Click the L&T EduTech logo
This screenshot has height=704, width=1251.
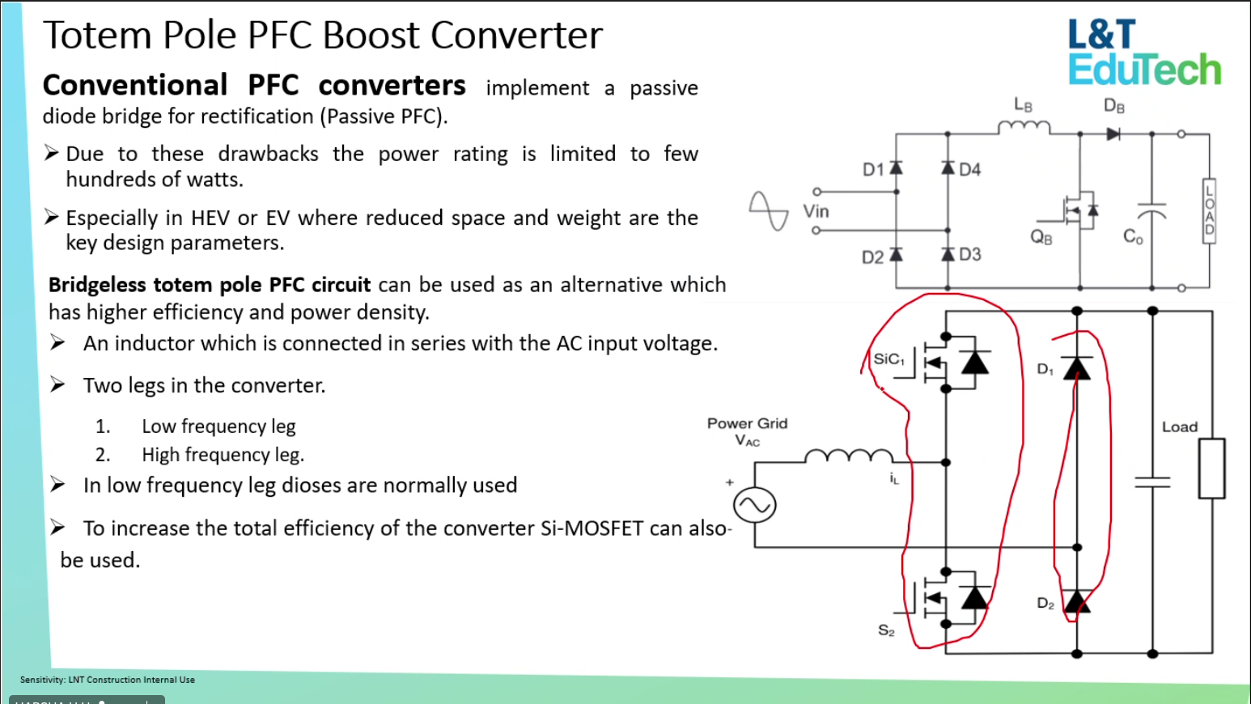click(x=1143, y=53)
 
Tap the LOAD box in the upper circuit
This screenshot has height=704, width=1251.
click(x=1209, y=210)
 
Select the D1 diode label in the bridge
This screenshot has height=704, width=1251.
click(x=873, y=169)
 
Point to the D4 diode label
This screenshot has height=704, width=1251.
click(x=970, y=169)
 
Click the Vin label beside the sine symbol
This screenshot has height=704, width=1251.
click(x=816, y=211)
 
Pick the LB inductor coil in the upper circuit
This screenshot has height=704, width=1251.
click(x=1024, y=127)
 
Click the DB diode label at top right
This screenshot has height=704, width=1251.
click(x=1114, y=106)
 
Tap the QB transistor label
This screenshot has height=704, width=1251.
click(x=1041, y=237)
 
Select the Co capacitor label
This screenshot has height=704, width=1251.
click(x=1133, y=236)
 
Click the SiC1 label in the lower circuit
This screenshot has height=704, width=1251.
click(x=888, y=359)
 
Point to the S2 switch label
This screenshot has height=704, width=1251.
click(x=887, y=630)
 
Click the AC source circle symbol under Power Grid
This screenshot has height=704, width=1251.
click(x=754, y=506)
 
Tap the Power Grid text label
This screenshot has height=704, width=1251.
click(x=747, y=423)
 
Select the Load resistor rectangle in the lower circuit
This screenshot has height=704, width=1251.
click(x=1211, y=469)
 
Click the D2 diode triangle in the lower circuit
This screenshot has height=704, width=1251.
click(x=1076, y=601)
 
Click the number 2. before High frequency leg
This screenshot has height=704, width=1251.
click(x=103, y=455)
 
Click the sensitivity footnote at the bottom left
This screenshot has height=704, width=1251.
click(x=108, y=680)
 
